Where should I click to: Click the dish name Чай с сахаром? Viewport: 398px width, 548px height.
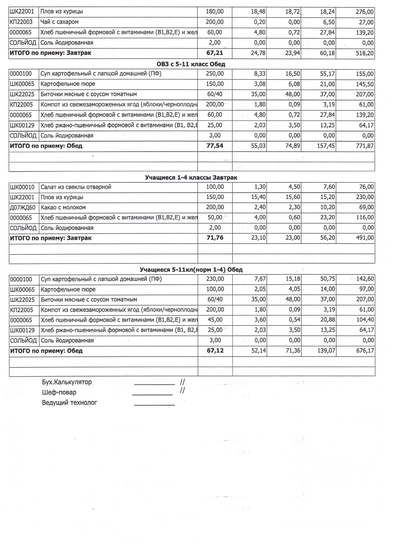click(59, 22)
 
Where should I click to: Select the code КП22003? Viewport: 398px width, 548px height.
click(21, 22)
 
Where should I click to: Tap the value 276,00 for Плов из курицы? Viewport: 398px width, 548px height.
click(364, 12)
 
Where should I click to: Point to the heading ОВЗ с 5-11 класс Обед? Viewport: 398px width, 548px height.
click(191, 64)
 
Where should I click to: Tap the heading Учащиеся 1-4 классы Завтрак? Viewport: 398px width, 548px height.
click(191, 178)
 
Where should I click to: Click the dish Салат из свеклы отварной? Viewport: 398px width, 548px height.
click(76, 187)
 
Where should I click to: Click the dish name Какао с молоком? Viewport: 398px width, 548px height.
click(63, 208)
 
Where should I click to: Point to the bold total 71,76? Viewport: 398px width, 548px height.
click(215, 238)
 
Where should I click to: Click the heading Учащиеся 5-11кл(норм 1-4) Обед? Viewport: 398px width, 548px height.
click(191, 270)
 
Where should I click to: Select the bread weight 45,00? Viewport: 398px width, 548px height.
click(215, 320)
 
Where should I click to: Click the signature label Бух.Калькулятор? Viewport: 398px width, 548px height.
click(67, 382)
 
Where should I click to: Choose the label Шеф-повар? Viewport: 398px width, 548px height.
click(59, 392)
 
